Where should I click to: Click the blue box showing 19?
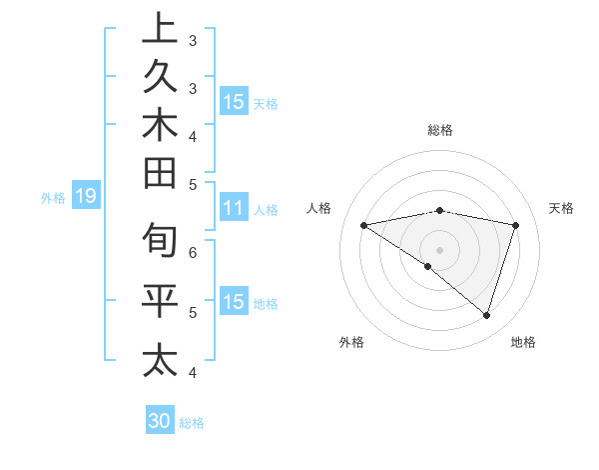coord(85,196)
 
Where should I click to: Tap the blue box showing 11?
coord(233,209)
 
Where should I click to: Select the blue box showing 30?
coord(160,421)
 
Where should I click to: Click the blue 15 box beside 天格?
coord(233,102)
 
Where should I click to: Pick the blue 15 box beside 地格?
coord(233,303)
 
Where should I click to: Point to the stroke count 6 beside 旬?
coord(193,252)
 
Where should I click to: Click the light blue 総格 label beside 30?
coord(192,423)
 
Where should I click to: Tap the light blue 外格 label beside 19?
coord(53,198)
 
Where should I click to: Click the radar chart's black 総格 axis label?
coord(439,130)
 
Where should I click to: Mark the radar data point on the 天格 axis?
coord(516,225)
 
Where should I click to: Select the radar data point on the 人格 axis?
coord(363,225)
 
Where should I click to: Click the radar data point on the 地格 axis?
coord(486,315)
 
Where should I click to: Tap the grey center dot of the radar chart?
coord(439,249)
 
